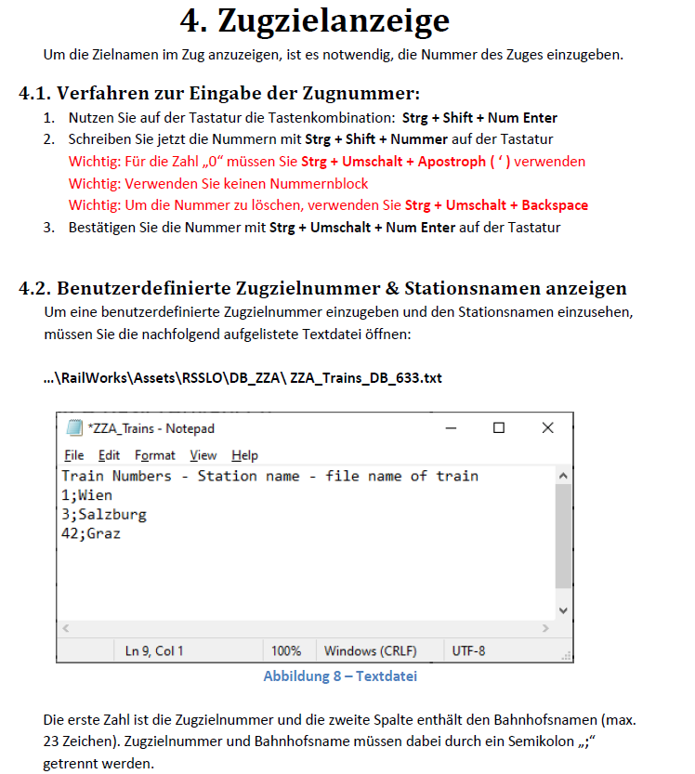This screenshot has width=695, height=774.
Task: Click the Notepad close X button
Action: (x=547, y=427)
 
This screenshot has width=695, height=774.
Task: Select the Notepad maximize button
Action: (x=499, y=427)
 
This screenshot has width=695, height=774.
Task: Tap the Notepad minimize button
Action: (x=451, y=427)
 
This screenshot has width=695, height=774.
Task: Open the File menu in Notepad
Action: (x=74, y=455)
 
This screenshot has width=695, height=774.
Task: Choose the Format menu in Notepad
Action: (x=154, y=455)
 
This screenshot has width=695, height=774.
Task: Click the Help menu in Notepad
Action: (x=244, y=455)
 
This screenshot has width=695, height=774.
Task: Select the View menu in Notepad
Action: (x=203, y=455)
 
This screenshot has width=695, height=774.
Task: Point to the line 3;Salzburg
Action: (x=103, y=515)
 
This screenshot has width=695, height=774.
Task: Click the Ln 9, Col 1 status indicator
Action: (x=154, y=650)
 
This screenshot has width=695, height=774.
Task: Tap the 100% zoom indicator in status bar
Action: (x=286, y=650)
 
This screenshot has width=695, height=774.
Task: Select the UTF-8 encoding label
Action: (x=468, y=650)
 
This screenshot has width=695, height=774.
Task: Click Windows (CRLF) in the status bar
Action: (x=370, y=650)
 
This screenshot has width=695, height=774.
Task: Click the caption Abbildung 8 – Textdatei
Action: (x=340, y=676)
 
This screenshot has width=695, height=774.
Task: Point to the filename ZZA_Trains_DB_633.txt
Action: (x=366, y=379)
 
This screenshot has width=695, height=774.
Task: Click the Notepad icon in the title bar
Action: (x=73, y=427)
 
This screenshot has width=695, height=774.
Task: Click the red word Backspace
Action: (x=555, y=205)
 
